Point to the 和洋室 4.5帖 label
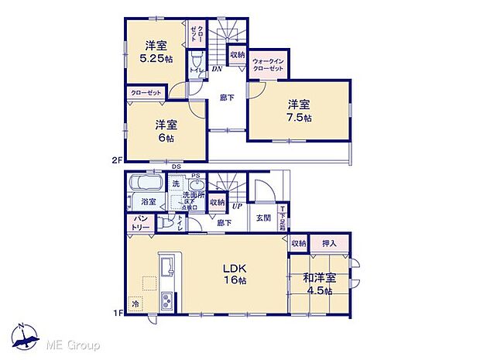tap(319, 283)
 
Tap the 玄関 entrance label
tap(264, 217)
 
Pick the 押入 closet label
tap(328, 243)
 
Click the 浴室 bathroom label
tap(149, 202)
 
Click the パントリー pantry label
tap(139, 223)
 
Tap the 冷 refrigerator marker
tap(137, 304)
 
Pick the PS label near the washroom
tap(195, 176)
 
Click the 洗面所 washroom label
tap(193, 196)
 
